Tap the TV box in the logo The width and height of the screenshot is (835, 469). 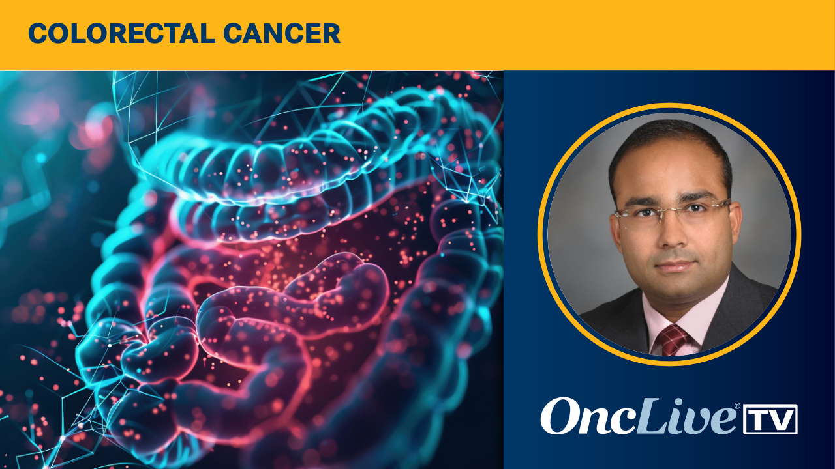coord(770,419)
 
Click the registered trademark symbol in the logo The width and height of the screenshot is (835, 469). coord(738,406)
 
